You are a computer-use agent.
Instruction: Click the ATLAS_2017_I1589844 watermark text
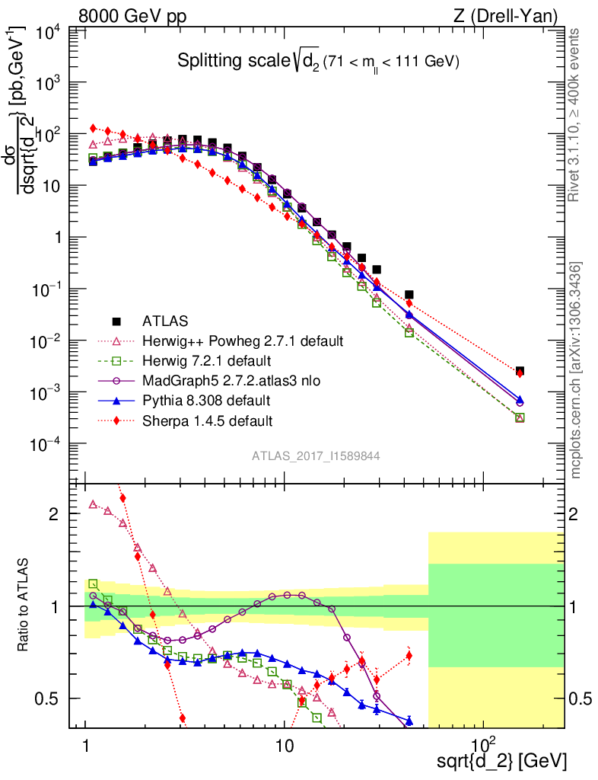pyautogui.click(x=316, y=456)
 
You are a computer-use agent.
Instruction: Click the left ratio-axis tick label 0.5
pyautogui.click(x=52, y=698)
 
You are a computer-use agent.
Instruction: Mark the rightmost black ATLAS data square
pyautogui.click(x=520, y=371)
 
